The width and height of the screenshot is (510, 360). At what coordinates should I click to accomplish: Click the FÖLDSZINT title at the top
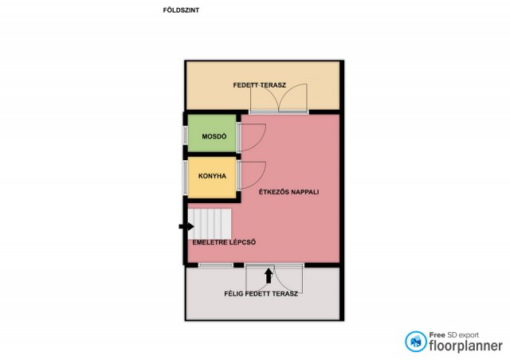point(181,10)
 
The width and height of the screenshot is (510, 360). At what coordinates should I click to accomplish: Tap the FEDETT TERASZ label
point(260,85)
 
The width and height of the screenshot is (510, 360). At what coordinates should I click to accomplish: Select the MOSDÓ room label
point(214,136)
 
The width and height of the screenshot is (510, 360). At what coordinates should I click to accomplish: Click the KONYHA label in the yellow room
point(212,176)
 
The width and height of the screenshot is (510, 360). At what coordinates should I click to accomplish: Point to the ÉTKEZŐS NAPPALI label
point(288,192)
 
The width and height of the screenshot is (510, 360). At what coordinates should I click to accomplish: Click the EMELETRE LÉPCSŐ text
point(224,242)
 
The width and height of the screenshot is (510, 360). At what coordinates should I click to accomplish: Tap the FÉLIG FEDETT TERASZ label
point(261,294)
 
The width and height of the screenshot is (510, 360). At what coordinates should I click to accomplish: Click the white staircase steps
point(210,224)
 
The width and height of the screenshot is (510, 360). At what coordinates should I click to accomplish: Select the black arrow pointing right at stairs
point(186,227)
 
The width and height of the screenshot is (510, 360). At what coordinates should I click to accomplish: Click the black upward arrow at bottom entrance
point(269,276)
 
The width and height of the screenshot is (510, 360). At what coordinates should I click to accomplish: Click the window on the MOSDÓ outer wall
point(186,135)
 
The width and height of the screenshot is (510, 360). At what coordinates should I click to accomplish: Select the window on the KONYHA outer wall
point(186,178)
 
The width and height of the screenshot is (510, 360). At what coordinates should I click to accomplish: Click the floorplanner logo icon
point(415,342)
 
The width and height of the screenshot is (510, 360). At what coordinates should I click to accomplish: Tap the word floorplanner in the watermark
point(465,346)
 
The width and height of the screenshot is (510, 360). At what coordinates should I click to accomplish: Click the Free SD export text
point(453,335)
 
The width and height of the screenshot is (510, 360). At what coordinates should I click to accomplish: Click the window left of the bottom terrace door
point(216,265)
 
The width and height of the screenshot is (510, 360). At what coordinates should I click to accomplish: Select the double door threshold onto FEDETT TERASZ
point(279,112)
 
